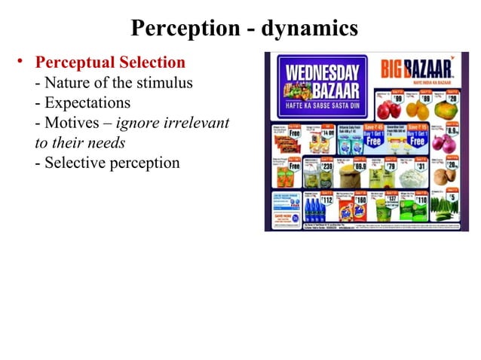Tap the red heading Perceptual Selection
tap(110, 62)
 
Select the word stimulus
tap(164, 82)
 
